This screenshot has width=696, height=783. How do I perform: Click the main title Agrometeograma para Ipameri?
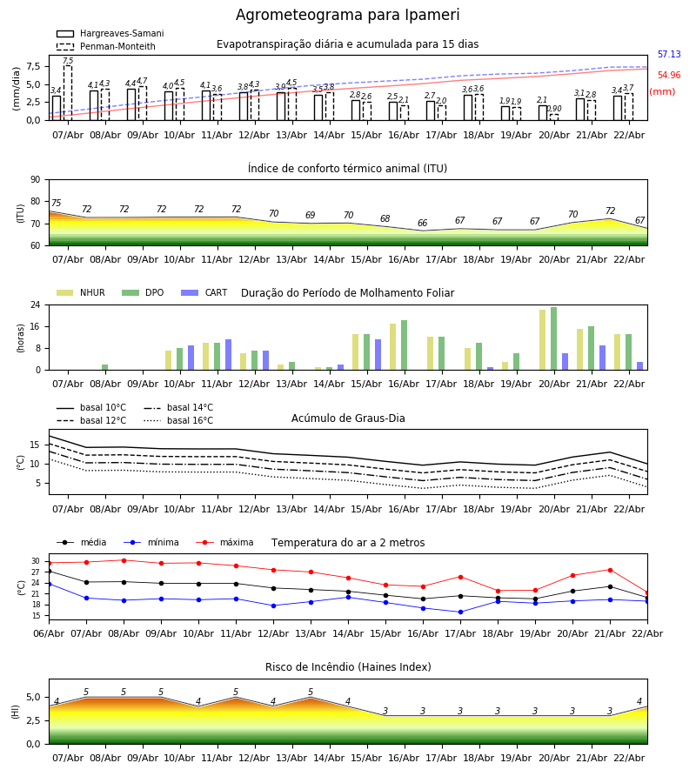pos(347,16)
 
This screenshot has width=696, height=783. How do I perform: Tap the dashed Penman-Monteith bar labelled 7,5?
pos(68,92)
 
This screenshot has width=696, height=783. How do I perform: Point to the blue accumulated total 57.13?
pos(669,55)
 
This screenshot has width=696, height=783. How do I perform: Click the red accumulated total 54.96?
pos(669,76)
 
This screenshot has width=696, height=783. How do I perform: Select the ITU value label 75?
pos(56,204)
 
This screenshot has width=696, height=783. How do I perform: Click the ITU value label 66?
pos(423,224)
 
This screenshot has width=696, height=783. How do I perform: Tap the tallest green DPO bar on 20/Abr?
pos(553,338)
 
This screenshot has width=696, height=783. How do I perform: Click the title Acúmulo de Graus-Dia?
pos(348,418)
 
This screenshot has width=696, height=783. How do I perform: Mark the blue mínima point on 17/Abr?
pos(460,612)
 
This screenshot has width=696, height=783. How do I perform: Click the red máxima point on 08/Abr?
pos(124,560)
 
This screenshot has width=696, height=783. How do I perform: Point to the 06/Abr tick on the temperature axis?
pos(49,632)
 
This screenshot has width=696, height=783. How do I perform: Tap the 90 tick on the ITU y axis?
pos(35,179)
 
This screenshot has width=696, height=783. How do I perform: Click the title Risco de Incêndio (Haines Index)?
pos(348,667)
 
